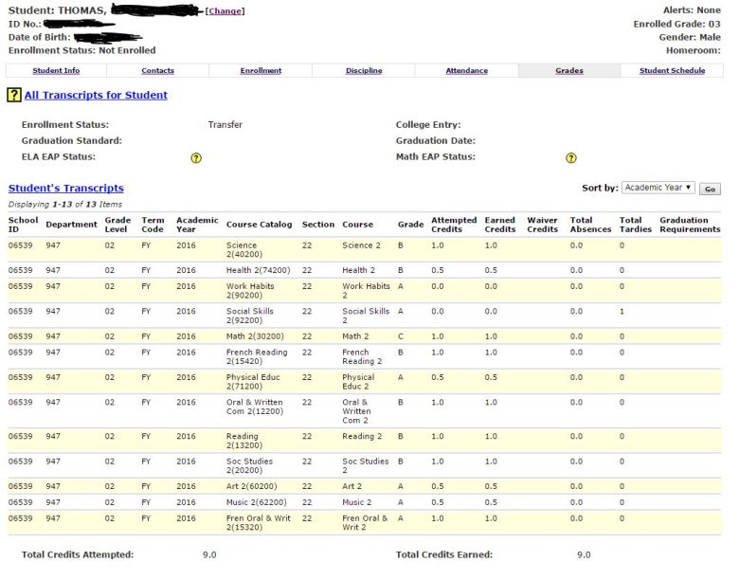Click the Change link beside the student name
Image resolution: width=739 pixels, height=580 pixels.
tap(225, 10)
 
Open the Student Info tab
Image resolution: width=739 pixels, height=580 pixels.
tap(56, 71)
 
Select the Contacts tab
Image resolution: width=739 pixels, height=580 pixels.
tap(157, 71)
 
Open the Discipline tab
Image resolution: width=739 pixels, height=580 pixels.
tap(364, 71)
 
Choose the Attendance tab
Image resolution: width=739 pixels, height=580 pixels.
tap(467, 71)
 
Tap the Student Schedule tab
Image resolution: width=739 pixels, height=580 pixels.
tap(673, 71)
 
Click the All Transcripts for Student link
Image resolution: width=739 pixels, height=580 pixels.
tap(96, 95)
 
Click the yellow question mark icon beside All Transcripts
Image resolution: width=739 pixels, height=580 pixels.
tap(14, 95)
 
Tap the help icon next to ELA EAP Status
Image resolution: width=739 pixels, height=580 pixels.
tap(196, 158)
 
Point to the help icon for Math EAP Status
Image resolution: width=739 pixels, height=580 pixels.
tap(570, 158)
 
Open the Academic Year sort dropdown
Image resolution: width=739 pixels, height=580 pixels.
tap(658, 188)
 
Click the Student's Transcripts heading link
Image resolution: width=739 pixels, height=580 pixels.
tap(66, 188)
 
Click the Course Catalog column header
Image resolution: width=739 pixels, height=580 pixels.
tap(259, 225)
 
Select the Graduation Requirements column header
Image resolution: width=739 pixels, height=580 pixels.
tap(690, 225)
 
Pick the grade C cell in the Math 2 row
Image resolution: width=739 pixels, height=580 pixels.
tap(401, 335)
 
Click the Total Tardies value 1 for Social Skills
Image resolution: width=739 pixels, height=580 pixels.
tap(622, 311)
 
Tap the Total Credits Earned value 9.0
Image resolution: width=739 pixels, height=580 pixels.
tap(584, 555)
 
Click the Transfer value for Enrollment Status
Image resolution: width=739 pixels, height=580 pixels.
tap(225, 124)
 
